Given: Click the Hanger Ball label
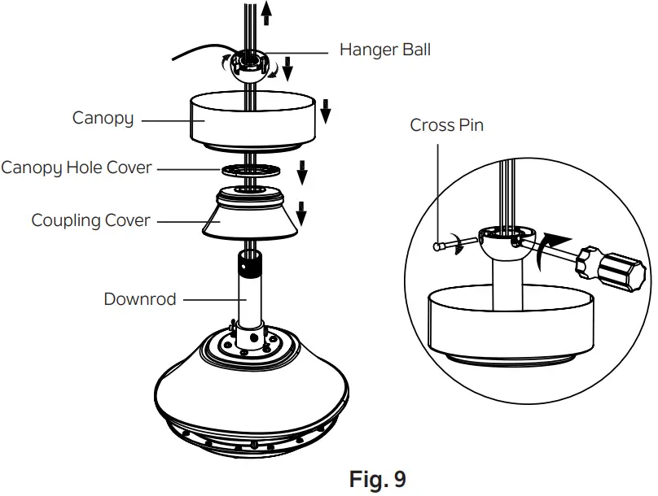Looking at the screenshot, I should pyautogui.click(x=384, y=50).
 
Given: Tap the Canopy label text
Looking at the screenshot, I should pyautogui.click(x=103, y=118).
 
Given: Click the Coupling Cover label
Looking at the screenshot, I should pyautogui.click(x=90, y=220).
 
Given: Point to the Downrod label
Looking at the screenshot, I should pyautogui.click(x=139, y=299).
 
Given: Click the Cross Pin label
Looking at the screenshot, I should pyautogui.click(x=446, y=125).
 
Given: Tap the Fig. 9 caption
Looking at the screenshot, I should pyautogui.click(x=377, y=480).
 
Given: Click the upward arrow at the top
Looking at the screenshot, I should pyautogui.click(x=265, y=13).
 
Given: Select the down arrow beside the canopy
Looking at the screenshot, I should pyautogui.click(x=325, y=111).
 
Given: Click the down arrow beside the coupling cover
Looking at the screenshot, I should pyautogui.click(x=301, y=213).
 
